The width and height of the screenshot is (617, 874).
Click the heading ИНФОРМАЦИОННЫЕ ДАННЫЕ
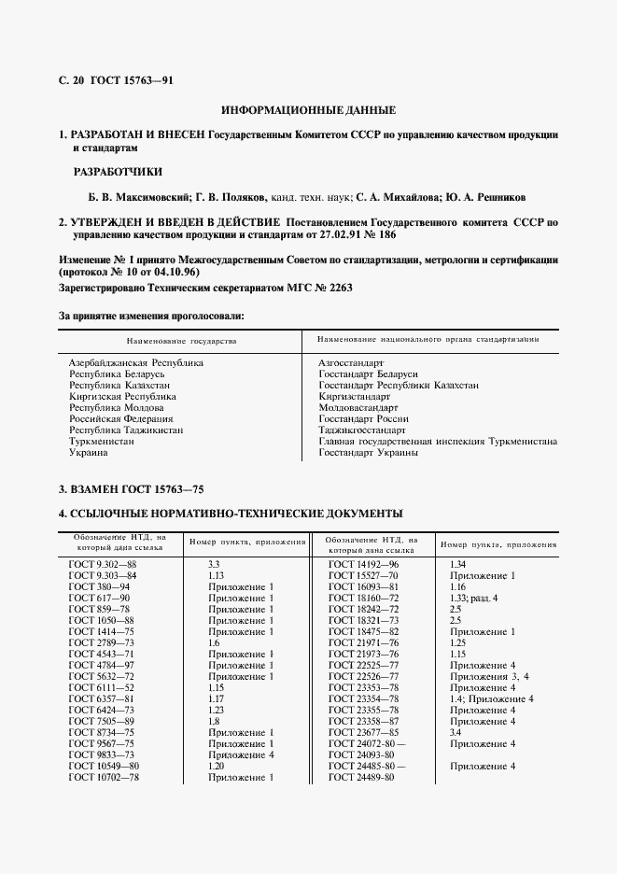308,110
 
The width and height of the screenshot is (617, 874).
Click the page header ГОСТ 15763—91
132,80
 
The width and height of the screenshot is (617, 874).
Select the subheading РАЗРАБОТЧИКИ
118,172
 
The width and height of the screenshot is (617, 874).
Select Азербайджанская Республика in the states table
136,361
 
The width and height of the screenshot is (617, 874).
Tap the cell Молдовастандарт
358,407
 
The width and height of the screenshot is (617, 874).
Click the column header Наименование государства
182,341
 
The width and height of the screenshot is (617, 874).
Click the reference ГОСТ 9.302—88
103,564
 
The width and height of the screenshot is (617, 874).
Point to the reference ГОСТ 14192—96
363,564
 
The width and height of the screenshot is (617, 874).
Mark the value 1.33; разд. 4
475,598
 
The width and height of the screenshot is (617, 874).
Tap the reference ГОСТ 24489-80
362,777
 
